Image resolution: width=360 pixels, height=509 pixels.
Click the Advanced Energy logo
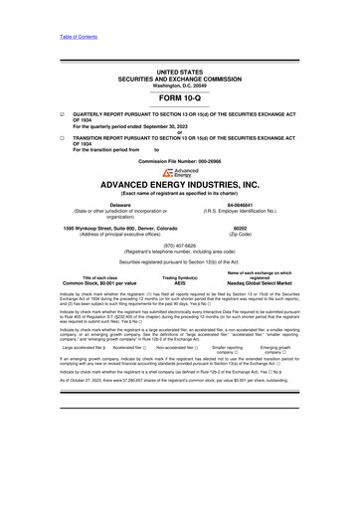(179, 172)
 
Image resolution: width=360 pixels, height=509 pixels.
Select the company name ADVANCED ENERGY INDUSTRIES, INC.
(179, 186)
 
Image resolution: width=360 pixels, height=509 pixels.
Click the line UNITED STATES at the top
(179, 45)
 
